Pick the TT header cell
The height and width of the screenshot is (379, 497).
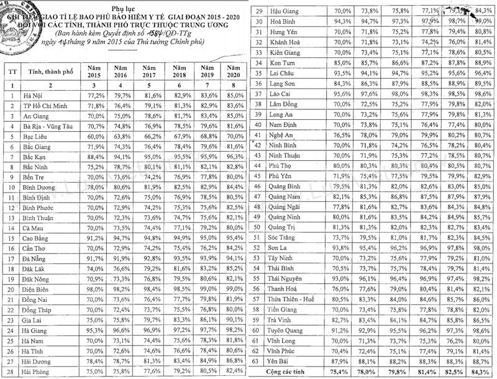pos(12,71)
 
